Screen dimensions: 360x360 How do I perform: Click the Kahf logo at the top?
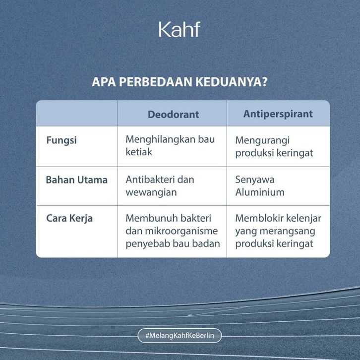(180, 29)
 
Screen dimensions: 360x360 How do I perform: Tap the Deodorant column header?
(173, 115)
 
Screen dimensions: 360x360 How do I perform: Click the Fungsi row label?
(61, 140)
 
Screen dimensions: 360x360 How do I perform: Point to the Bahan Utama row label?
(77, 180)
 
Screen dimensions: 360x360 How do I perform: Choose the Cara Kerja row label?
(69, 218)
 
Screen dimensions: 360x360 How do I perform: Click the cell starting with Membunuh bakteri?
(173, 231)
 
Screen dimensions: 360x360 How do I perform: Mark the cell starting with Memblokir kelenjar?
(278, 231)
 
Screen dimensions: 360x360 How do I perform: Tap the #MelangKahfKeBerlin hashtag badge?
(180, 335)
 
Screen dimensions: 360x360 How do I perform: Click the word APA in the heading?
(104, 82)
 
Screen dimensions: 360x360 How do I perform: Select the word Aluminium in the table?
(260, 192)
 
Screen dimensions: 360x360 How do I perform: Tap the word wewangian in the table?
(151, 192)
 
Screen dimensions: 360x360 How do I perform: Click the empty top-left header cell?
(77, 113)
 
